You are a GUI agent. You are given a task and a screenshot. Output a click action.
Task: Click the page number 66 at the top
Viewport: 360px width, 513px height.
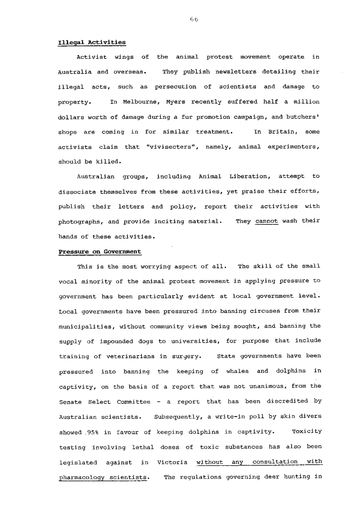194,19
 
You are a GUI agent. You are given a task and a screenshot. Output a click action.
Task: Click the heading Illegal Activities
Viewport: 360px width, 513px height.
92,42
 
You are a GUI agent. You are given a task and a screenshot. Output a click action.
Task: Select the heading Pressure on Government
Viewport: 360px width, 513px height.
100,252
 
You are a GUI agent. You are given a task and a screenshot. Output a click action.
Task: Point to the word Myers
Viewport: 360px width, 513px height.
176,102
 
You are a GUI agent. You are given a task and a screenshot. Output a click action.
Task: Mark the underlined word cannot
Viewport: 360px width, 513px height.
266,221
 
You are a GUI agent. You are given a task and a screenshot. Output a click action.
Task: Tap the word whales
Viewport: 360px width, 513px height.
237,371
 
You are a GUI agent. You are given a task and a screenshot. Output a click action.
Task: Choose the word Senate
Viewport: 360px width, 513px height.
70,402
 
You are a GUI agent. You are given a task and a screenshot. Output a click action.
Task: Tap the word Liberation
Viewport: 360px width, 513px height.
248,177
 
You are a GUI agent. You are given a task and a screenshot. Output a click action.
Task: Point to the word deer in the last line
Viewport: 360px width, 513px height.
270,477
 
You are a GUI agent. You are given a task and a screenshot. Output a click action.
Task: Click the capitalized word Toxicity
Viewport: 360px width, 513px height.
306,432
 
